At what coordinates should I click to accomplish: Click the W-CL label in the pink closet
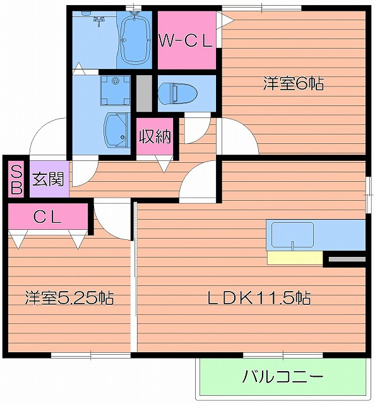click(186, 41)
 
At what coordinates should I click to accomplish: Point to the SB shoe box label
click(16, 179)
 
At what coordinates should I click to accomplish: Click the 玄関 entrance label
click(47, 179)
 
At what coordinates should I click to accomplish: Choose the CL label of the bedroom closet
click(47, 218)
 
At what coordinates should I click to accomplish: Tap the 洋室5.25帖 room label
click(69, 297)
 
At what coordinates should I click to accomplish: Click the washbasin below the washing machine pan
click(116, 129)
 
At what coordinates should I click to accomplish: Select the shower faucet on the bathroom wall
click(98, 21)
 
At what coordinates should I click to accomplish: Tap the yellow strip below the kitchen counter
click(294, 258)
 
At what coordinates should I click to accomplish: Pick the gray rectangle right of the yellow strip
click(346, 258)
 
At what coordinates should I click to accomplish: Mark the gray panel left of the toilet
click(144, 93)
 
